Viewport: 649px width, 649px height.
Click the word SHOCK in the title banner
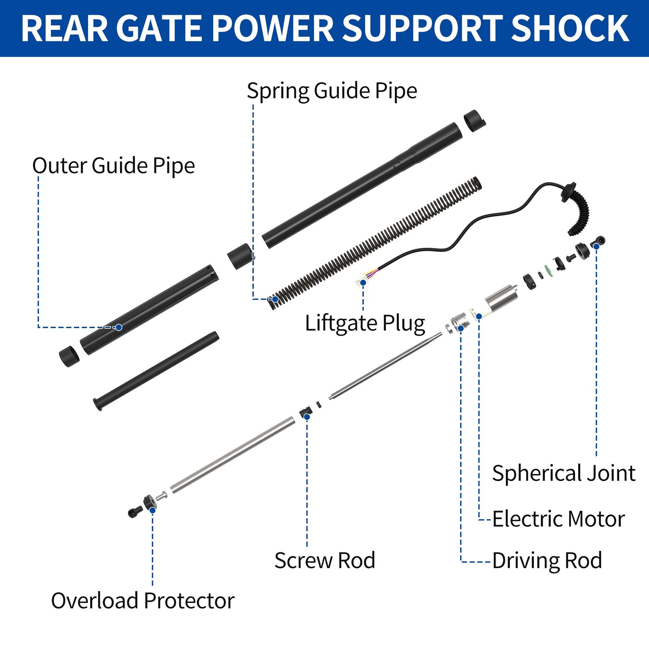[x=570, y=29]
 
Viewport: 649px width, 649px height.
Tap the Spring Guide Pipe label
[x=332, y=90]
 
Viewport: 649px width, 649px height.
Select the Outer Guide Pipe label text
[x=114, y=165]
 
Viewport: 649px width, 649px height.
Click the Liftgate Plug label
[x=365, y=323]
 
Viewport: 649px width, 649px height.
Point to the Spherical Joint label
[x=563, y=473]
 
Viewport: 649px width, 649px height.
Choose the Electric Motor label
[x=558, y=519]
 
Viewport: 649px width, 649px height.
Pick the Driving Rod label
[x=547, y=561]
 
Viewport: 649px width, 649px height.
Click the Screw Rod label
[x=324, y=561]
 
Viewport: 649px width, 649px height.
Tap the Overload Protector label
[x=143, y=601]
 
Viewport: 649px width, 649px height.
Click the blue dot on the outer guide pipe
[x=119, y=327]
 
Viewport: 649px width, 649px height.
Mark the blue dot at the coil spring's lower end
[x=275, y=299]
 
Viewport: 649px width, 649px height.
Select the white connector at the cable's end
[x=361, y=280]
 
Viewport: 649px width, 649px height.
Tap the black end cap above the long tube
[x=474, y=121]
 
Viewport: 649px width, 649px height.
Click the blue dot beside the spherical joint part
[x=596, y=246]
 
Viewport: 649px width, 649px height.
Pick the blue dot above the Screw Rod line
[x=307, y=417]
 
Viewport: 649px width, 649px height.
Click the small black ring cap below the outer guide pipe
[x=69, y=356]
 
